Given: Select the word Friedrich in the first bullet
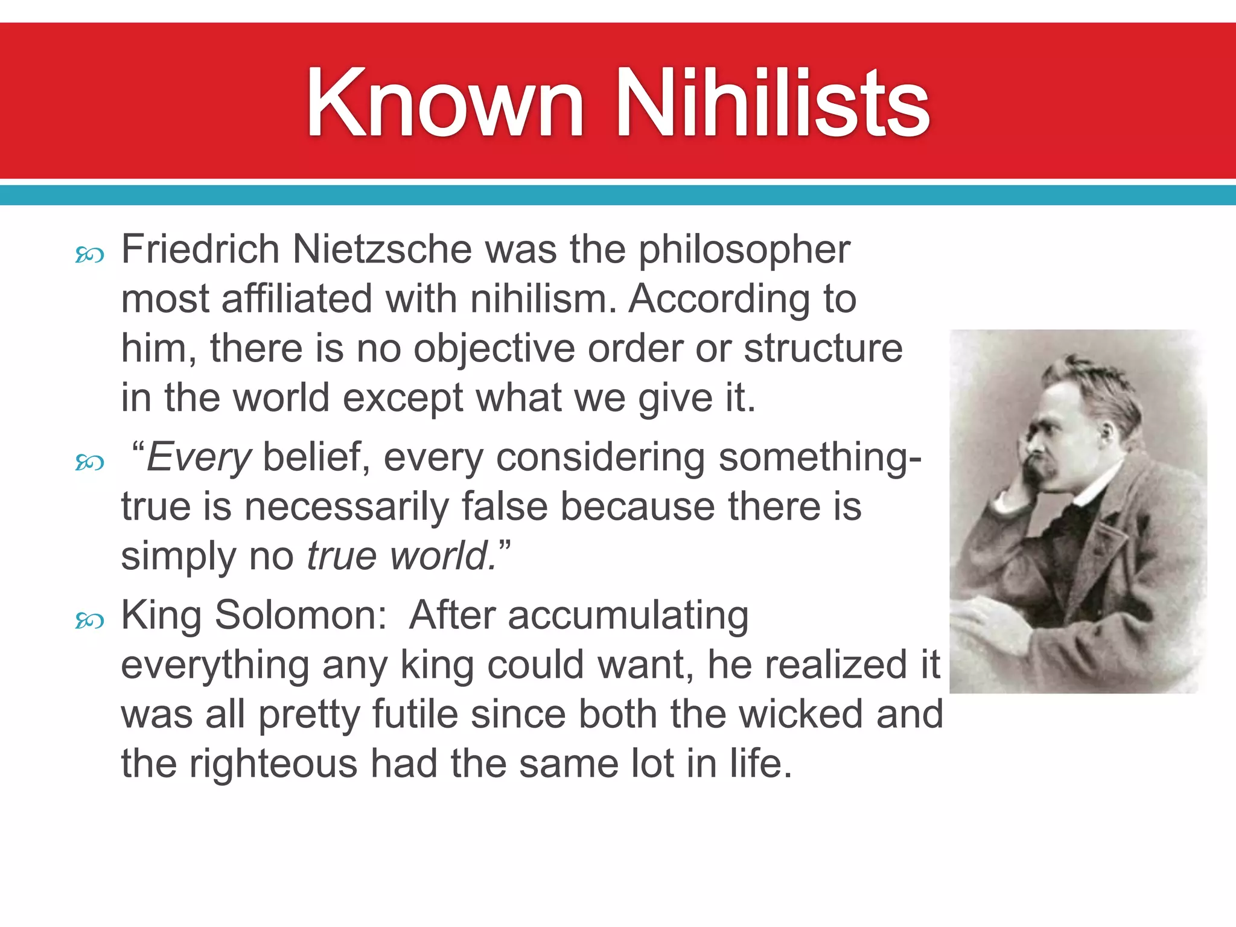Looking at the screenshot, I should click(200, 249).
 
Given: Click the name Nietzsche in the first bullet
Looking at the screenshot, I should click(381, 249).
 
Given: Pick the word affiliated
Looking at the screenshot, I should click(297, 299).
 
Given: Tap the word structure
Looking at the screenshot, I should click(823, 348).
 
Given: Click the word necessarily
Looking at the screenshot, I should click(346, 506).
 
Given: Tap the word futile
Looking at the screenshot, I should click(415, 715).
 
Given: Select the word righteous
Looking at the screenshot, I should click(273, 765).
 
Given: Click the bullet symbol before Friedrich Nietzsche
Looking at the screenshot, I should click(89, 256).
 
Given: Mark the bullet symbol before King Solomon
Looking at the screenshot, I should click(89, 620).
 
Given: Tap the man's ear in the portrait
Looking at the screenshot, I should click(1106, 431).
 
